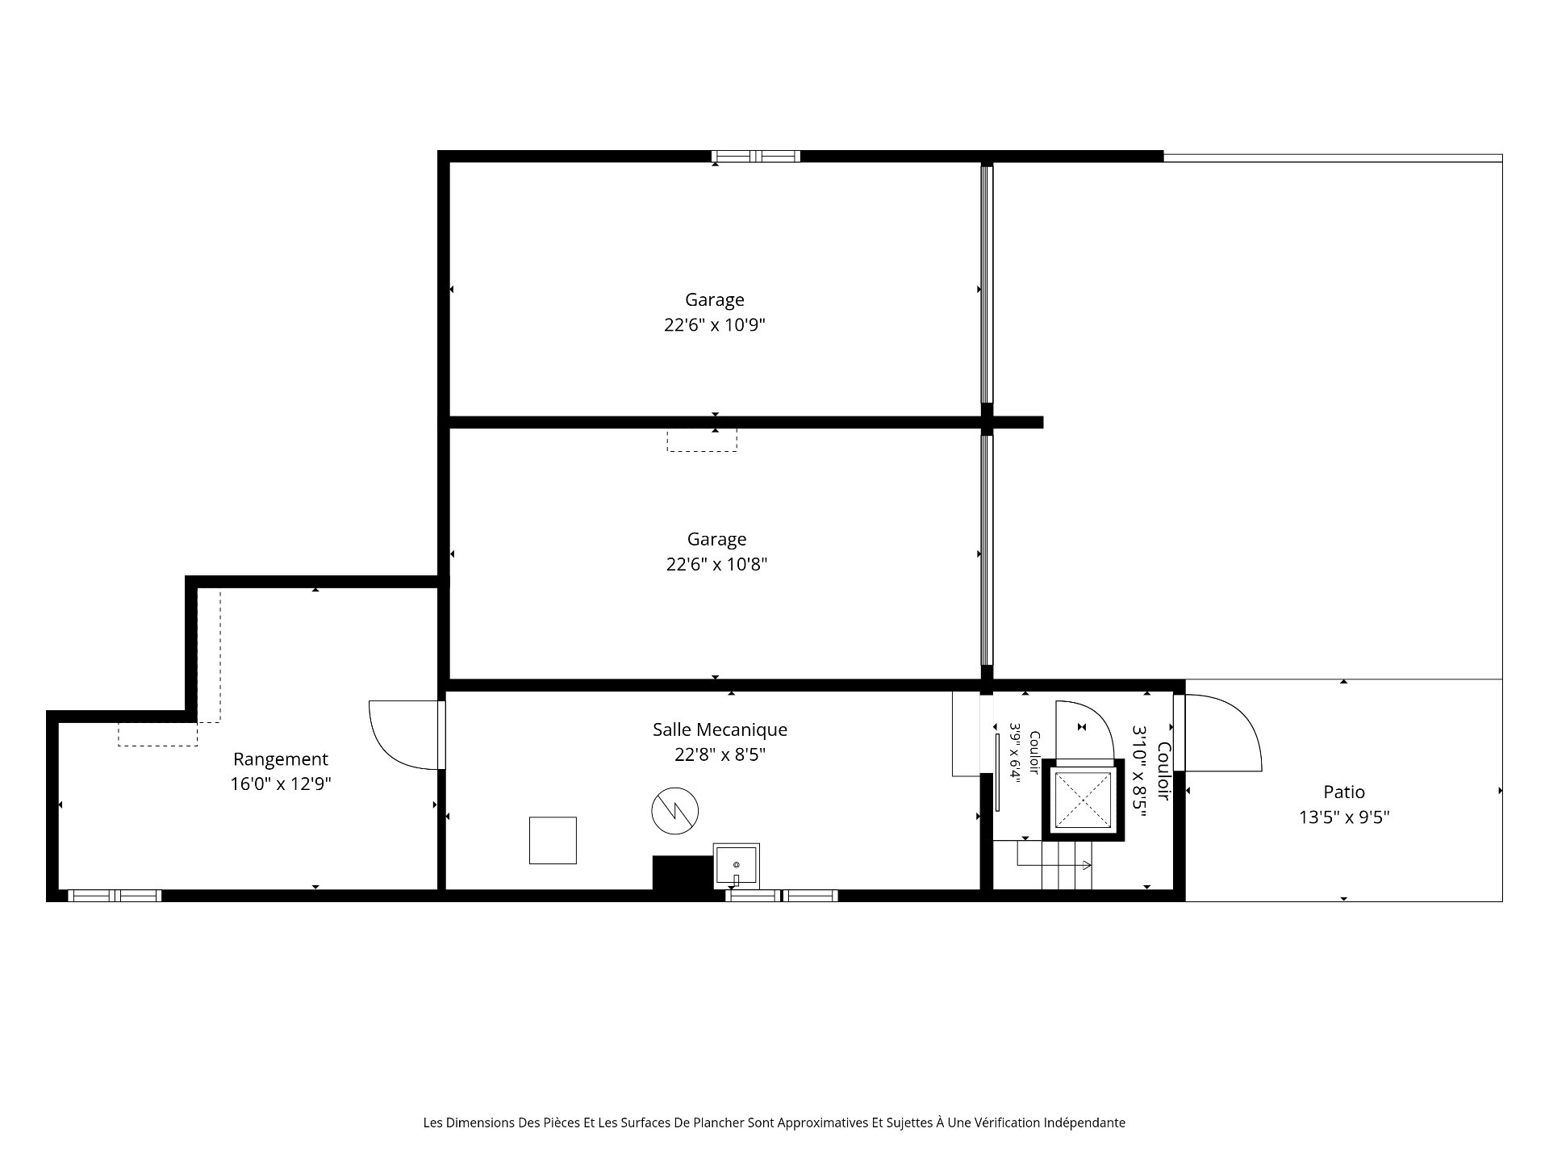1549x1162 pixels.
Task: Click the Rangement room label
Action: (281, 759)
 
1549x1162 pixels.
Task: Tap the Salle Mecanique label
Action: (720, 729)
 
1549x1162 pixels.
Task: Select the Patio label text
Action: (1344, 792)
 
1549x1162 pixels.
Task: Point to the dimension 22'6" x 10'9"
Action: (715, 325)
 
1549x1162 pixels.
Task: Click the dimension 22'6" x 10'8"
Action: (716, 564)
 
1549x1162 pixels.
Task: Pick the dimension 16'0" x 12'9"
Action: (281, 784)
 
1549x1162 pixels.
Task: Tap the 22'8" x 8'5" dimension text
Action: (720, 754)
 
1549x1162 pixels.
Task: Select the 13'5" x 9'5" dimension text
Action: (1344, 817)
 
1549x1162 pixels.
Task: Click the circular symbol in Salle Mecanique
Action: (675, 811)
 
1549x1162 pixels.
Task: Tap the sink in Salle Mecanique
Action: (736, 866)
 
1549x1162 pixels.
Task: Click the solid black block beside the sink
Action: (683, 873)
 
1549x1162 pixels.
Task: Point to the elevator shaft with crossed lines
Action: (1083, 800)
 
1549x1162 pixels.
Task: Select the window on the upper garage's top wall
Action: (755, 157)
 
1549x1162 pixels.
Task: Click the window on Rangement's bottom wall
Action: (115, 896)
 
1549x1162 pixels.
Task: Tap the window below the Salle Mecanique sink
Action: (782, 896)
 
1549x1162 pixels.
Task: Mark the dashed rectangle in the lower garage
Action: (702, 440)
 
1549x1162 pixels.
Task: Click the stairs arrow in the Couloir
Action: (1053, 865)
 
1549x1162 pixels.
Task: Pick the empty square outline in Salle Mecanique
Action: (553, 840)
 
